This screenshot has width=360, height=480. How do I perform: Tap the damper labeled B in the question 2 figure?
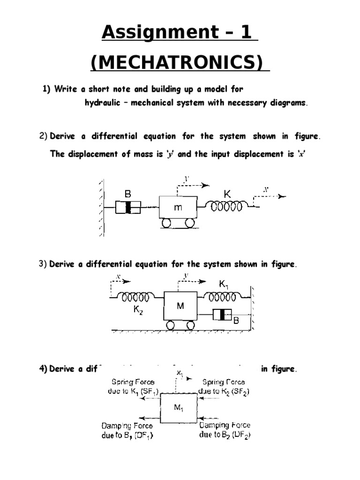pyautogui.click(x=127, y=207)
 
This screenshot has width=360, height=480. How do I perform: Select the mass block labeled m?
pyautogui.click(x=178, y=207)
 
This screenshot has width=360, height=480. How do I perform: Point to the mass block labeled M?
pyautogui.click(x=180, y=306)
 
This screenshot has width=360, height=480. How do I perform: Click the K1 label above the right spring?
pyautogui.click(x=224, y=284)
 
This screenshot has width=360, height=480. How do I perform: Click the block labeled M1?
pyautogui.click(x=179, y=408)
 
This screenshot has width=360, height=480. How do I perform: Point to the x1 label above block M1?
pyautogui.click(x=180, y=373)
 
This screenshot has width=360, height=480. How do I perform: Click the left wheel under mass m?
pyautogui.click(x=166, y=223)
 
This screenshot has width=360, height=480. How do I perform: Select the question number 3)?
pyautogui.click(x=43, y=264)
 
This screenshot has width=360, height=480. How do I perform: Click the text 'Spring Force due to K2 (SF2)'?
pyautogui.click(x=224, y=387)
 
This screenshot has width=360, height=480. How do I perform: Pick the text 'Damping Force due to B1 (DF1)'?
pyautogui.click(x=127, y=430)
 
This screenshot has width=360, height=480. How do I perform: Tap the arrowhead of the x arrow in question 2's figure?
pyautogui.click(x=282, y=196)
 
